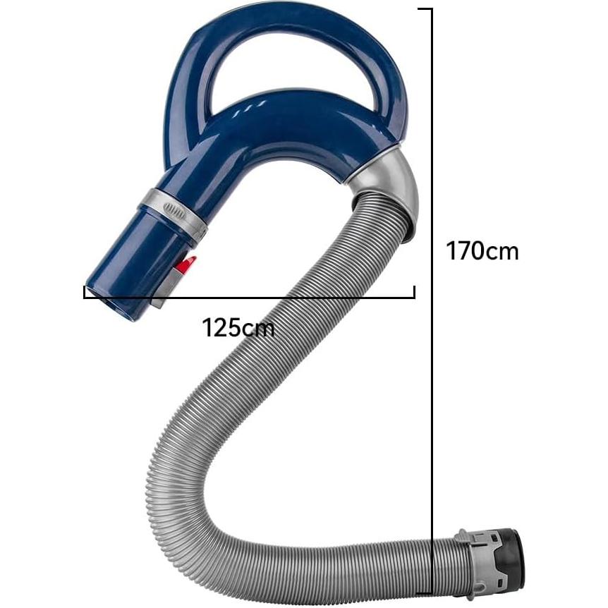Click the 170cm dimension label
482,251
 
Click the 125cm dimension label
238,328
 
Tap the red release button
186,266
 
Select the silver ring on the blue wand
174,213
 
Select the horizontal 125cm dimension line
249,298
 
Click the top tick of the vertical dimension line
425,8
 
